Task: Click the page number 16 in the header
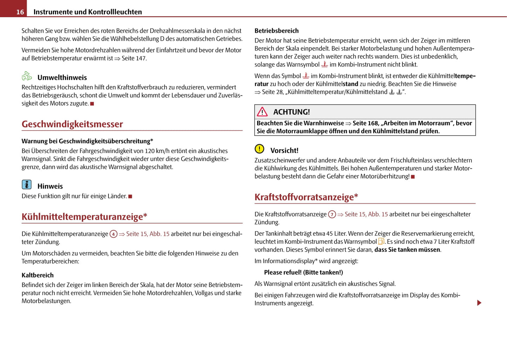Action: (20, 12)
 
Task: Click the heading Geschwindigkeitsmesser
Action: (72, 124)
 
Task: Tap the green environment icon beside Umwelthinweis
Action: (27, 76)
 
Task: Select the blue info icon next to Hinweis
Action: (27, 185)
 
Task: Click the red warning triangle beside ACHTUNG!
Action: (262, 112)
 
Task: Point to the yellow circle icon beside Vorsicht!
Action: (259, 149)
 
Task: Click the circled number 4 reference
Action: (113, 234)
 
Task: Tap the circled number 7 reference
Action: (332, 214)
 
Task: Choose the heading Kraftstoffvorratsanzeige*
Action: (306, 197)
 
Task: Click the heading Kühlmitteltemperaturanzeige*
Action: (84, 217)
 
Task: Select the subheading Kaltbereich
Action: (38, 275)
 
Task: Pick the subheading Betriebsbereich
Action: (276, 31)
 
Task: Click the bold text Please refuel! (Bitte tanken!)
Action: (303, 273)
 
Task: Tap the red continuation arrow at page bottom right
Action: (479, 303)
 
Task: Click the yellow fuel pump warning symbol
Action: (381, 241)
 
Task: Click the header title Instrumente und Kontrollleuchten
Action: (88, 12)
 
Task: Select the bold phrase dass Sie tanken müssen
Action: (407, 250)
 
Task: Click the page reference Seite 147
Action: (134, 58)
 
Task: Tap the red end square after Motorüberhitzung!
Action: (413, 177)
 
